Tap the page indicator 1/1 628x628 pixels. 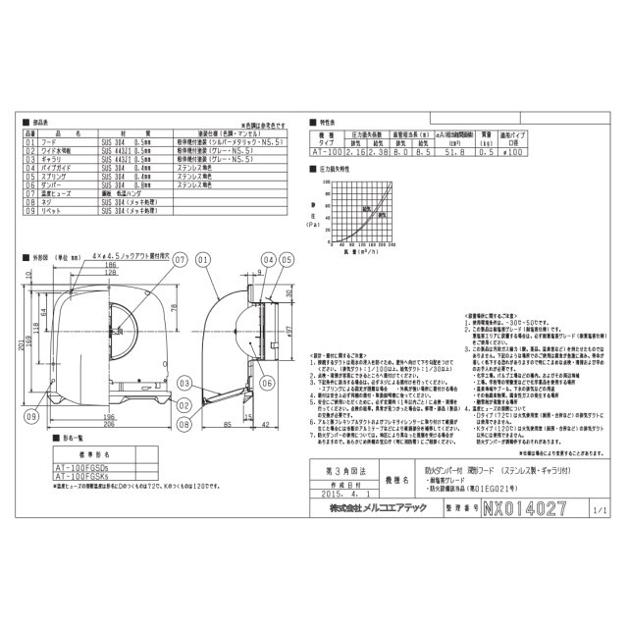click(x=600, y=511)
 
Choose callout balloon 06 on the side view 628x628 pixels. click(x=266, y=384)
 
